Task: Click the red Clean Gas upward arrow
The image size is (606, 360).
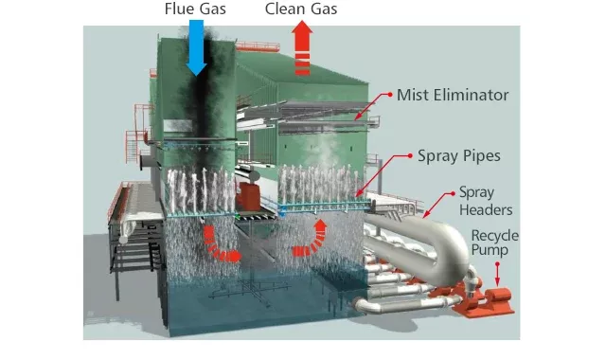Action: click(302, 49)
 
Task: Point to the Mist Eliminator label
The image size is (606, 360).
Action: click(454, 95)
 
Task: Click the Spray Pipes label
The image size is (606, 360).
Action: click(459, 154)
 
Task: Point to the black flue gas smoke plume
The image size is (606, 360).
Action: click(203, 104)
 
